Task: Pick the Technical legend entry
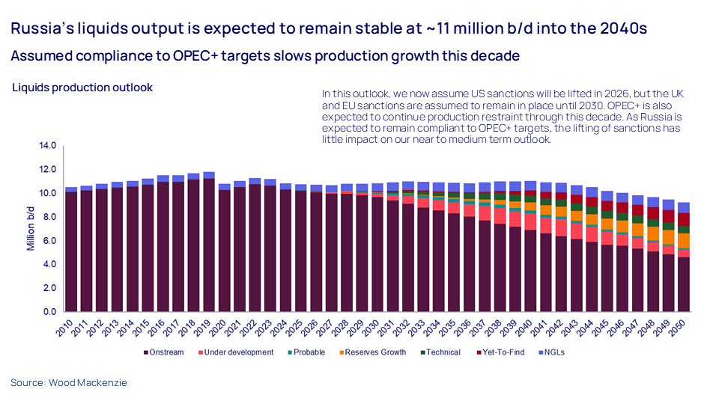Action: pyautogui.click(x=443, y=352)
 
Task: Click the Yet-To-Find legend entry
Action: pyautogui.click(x=503, y=352)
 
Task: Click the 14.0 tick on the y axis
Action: pyautogui.click(x=46, y=146)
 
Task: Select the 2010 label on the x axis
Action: pyautogui.click(x=65, y=325)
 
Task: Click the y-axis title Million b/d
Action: pyautogui.click(x=31, y=229)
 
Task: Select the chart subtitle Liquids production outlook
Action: pyautogui.click(x=82, y=88)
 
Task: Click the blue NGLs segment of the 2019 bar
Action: pyautogui.click(x=209, y=176)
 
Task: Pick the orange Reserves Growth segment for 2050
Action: pyautogui.click(x=683, y=240)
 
